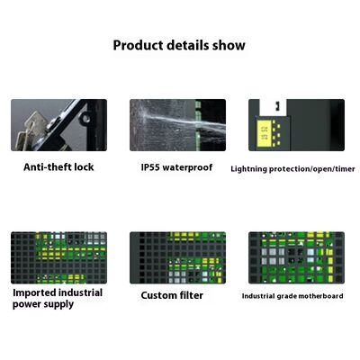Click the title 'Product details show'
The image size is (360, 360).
click(179, 45)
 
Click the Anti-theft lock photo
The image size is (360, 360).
click(58, 125)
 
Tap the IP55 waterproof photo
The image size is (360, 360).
click(177, 125)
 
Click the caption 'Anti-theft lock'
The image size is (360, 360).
click(58, 166)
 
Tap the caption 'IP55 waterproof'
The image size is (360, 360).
click(176, 166)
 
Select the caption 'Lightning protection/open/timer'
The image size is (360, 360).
click(292, 168)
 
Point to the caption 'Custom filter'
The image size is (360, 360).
click(172, 295)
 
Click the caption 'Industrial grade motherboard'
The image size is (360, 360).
click(293, 295)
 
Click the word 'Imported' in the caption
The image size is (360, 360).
click(35, 292)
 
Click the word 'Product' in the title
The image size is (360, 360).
click(137, 45)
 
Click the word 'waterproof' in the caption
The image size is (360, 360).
click(190, 166)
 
